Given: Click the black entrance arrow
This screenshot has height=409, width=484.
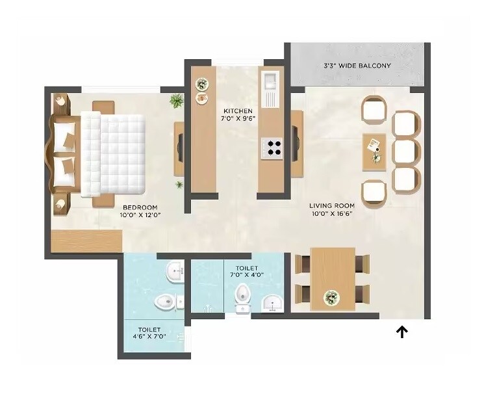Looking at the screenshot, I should pyautogui.click(x=402, y=332).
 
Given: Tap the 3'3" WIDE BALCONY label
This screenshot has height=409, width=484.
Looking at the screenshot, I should pyautogui.click(x=357, y=66).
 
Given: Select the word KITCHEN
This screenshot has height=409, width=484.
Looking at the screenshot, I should pyautogui.click(x=237, y=111).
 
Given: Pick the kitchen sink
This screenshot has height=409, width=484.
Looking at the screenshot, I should pyautogui.click(x=270, y=83).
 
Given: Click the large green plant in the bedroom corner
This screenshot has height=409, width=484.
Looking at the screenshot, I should pyautogui.click(x=176, y=100).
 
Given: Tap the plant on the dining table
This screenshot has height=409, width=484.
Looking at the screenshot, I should pyautogui.click(x=332, y=298).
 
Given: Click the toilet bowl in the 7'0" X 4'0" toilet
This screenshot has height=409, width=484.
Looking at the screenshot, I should pyautogui.click(x=242, y=296).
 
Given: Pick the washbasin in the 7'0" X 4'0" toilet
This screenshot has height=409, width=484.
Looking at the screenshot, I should pyautogui.click(x=273, y=302).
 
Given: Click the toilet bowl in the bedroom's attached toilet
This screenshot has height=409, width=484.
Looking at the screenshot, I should pyautogui.click(x=166, y=302).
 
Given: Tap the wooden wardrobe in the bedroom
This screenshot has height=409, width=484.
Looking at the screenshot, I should pyautogui.click(x=86, y=241).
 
